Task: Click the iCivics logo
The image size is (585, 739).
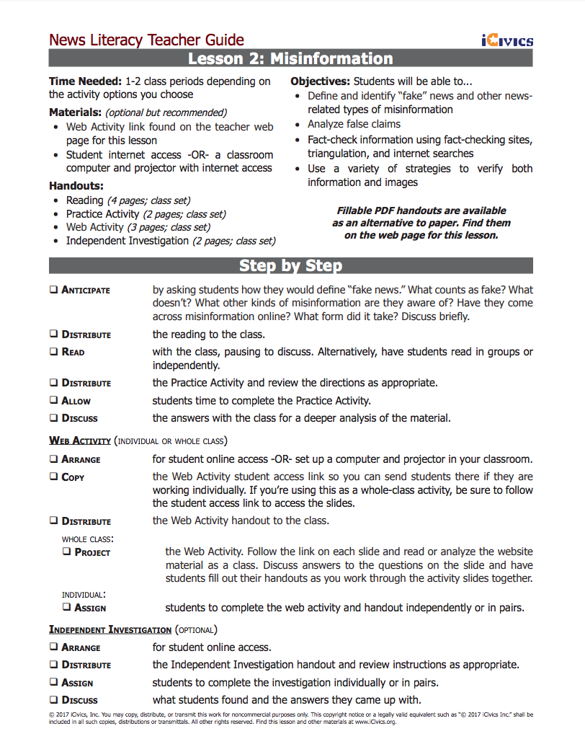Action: [x=507, y=40]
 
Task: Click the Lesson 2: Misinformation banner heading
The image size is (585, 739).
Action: [x=290, y=59]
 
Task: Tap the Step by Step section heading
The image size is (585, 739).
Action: [x=290, y=265]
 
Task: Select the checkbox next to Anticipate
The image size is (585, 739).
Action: [x=54, y=290]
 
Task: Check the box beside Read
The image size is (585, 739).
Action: [x=54, y=352]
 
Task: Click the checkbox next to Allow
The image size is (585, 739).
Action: [x=54, y=400]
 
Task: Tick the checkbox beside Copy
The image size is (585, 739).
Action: [x=54, y=477]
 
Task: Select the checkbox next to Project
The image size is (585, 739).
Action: [x=67, y=552]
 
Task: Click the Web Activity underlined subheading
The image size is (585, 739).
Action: [x=80, y=441]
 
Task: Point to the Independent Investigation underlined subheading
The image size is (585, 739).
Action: [x=110, y=629]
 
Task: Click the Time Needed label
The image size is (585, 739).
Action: [x=85, y=81]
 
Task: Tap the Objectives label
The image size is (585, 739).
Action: [x=320, y=81]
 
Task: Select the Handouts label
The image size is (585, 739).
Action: [x=76, y=186]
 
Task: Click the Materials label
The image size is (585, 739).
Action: [x=75, y=112]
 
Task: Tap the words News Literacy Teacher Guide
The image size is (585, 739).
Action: [x=146, y=40]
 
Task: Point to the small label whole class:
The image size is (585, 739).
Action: [x=87, y=539]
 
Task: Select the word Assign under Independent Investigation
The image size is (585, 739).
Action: [x=77, y=682]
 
